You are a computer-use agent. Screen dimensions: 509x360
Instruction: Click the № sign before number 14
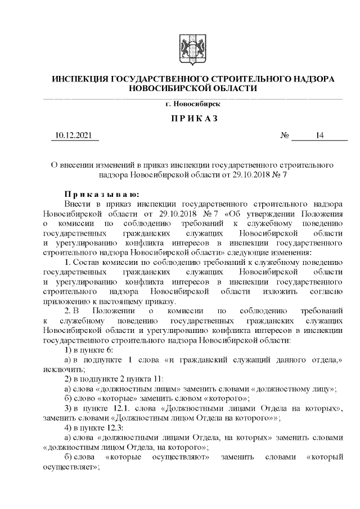[285, 136]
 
